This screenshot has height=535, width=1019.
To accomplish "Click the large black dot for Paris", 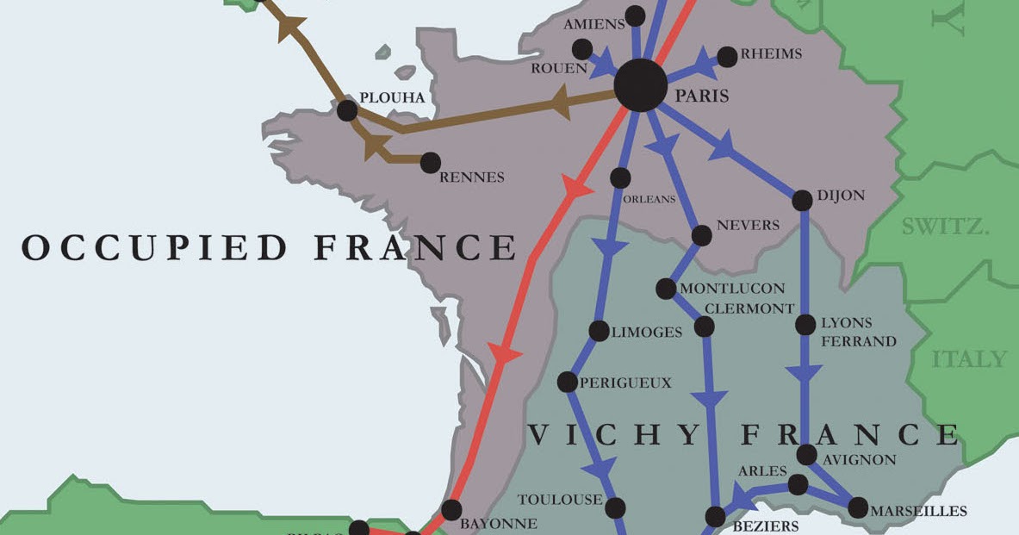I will [641, 85].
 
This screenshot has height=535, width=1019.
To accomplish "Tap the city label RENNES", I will [471, 177].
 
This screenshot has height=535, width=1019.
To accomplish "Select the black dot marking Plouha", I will [347, 110].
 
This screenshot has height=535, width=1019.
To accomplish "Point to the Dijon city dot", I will [802, 200].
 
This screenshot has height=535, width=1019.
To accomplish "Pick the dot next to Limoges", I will [599, 331].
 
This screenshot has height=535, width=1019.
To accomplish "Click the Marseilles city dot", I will [858, 508].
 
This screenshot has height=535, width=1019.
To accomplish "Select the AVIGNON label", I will [859, 460].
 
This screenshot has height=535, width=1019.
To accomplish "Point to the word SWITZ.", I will [945, 227].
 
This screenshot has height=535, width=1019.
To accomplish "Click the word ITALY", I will [969, 358].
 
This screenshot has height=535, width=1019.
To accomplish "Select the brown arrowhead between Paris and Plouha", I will [560, 102].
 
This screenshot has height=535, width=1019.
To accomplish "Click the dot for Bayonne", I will [451, 508].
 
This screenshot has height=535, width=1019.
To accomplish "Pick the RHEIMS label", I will [773, 54].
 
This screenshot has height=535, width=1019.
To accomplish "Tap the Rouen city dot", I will [582, 49].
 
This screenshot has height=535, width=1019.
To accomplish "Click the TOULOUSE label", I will [560, 500].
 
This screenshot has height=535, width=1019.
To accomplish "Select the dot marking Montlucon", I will [666, 289].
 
